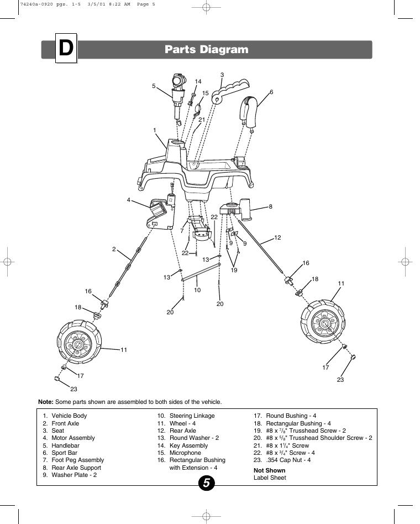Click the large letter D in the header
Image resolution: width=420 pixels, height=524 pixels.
(66, 49)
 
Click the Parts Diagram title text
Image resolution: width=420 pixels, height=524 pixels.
(206, 49)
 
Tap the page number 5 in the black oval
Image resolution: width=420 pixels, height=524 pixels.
(206, 483)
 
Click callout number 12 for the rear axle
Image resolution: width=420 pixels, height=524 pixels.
(277, 237)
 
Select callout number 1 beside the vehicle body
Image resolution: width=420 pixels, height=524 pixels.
(155, 130)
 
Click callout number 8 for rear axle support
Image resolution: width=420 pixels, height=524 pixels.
(270, 206)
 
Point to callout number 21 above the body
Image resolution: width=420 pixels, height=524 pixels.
(202, 120)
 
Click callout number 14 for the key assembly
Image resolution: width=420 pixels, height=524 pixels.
(198, 81)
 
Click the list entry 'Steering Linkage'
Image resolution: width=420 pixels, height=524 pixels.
(192, 416)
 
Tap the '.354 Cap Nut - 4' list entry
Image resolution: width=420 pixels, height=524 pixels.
(288, 460)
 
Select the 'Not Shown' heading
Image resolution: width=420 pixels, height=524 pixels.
(270, 470)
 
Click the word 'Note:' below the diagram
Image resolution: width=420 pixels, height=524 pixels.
(46, 402)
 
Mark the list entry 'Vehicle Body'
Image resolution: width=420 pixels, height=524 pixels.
(69, 416)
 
